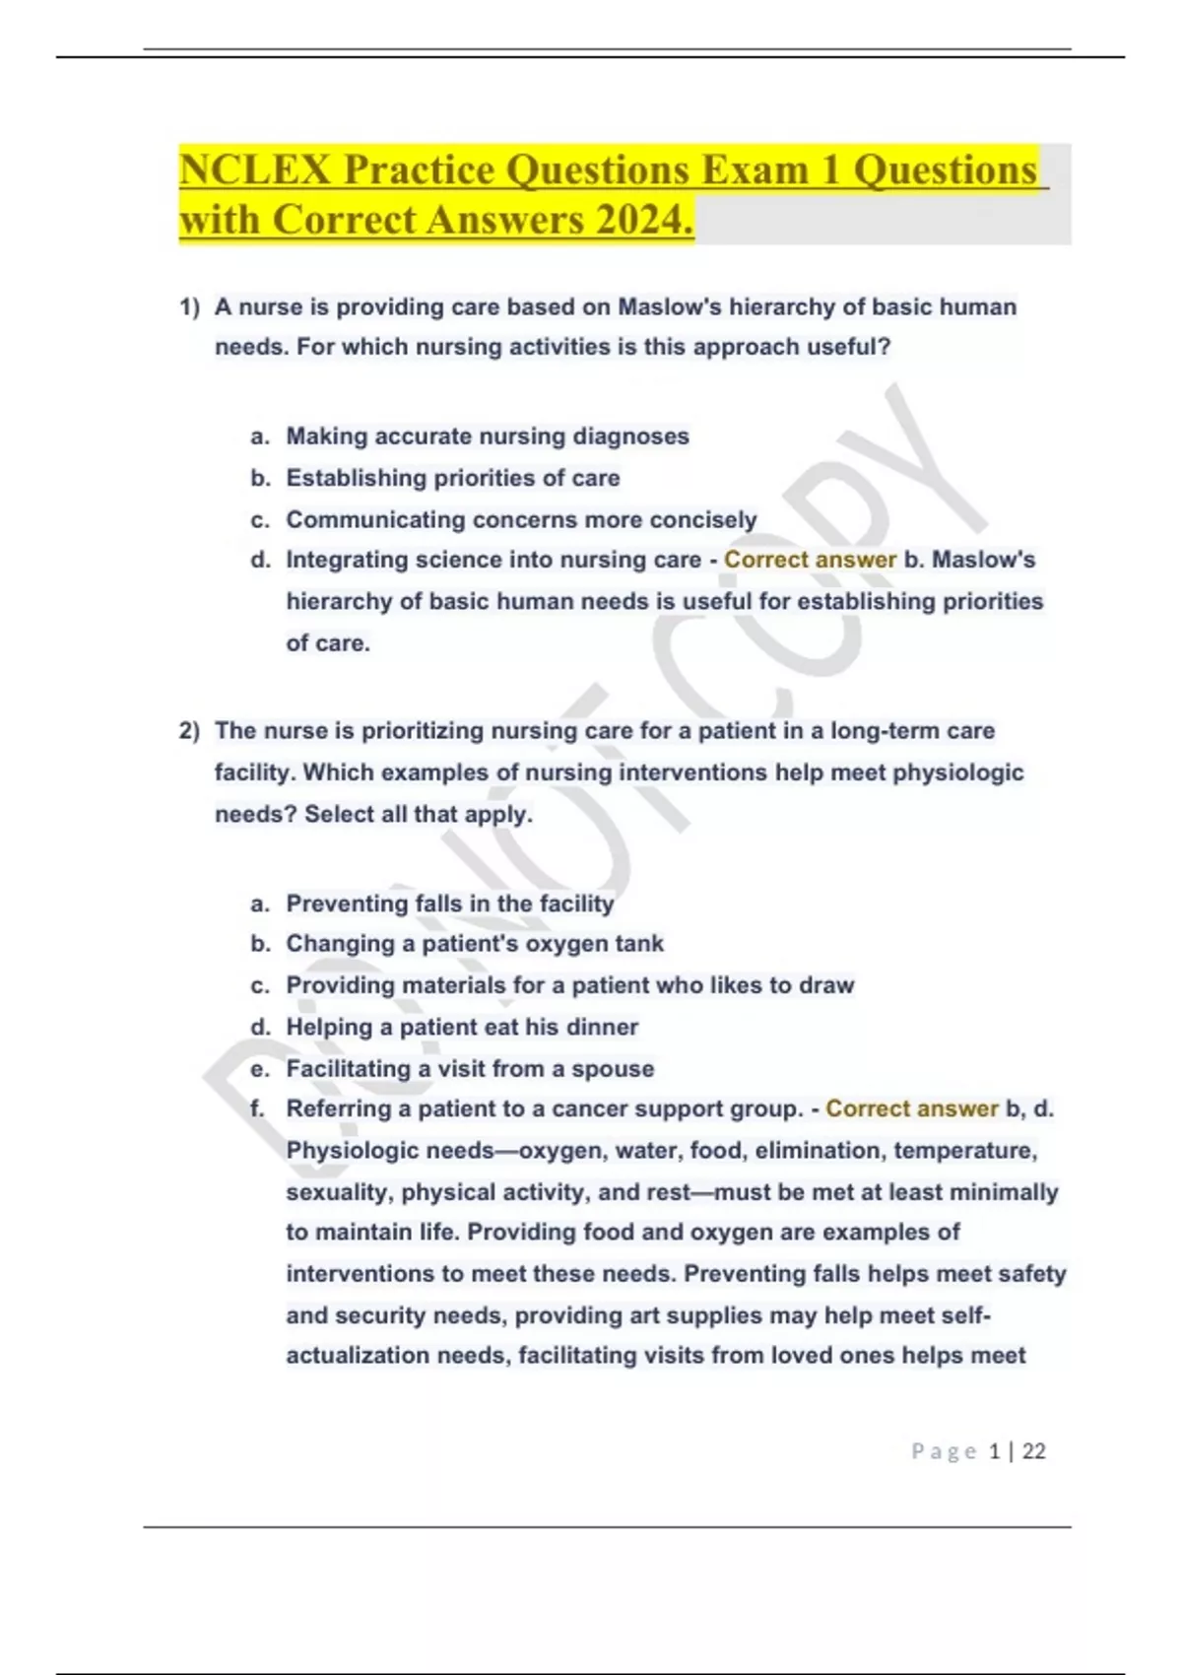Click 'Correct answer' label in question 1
(810, 560)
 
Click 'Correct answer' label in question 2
(911, 1108)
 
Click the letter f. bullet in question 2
(258, 1108)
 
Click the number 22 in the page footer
(1034, 1451)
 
